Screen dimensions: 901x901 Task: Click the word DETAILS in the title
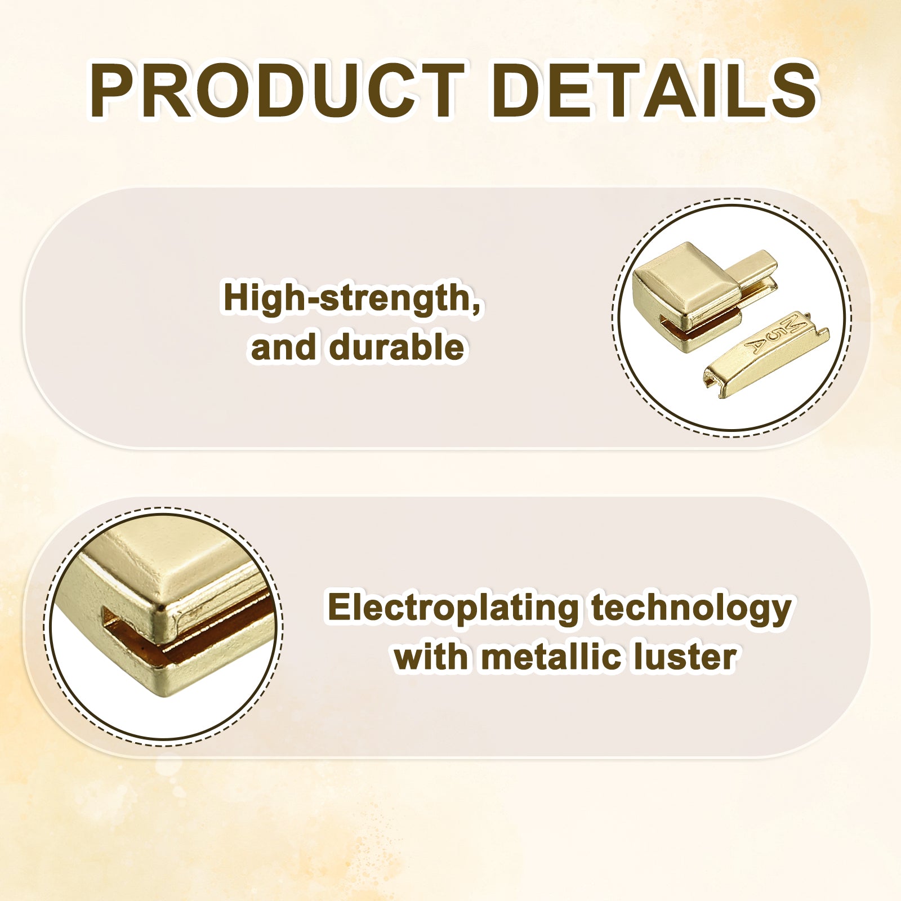click(x=655, y=91)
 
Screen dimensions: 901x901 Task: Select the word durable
click(x=397, y=347)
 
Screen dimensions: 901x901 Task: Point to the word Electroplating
click(x=453, y=609)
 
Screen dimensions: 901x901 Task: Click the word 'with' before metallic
click(x=431, y=657)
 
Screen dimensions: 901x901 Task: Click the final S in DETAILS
click(x=793, y=91)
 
